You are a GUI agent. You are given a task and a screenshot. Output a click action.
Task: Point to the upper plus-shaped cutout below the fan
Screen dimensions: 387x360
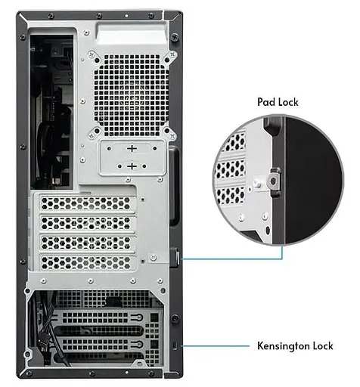(132, 148)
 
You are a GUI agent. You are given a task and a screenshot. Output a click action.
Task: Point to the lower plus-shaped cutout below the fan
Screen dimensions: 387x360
(132, 165)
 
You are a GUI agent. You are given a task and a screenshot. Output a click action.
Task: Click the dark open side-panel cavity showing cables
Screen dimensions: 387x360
(48, 106)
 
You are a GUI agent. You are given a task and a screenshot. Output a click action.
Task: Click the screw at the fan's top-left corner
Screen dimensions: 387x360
(92, 54)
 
